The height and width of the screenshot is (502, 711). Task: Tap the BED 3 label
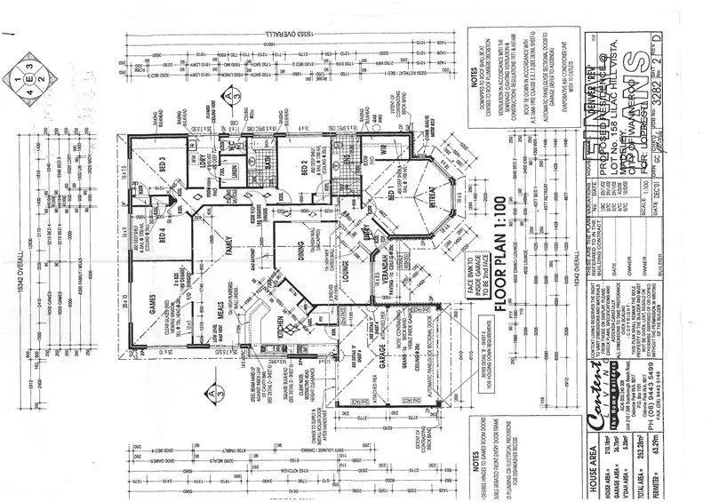163,166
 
